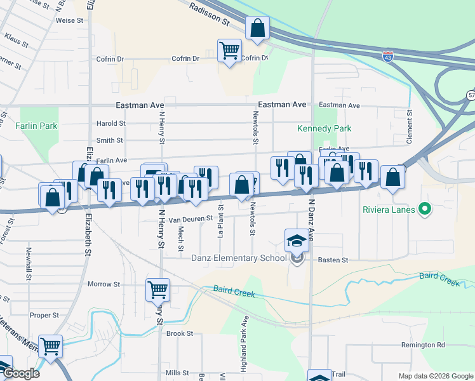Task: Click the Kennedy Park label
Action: pos(324,128)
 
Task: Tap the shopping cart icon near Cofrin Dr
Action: pos(229,51)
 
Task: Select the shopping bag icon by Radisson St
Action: pos(257,29)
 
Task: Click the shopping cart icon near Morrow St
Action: pos(157,290)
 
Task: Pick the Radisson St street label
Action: pos(210,12)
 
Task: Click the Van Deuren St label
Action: pos(190,218)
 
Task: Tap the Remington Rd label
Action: pos(422,345)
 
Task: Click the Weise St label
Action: pos(70,20)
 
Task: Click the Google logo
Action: pos(20,373)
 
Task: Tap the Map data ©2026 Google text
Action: pos(435,376)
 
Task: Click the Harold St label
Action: pos(111,123)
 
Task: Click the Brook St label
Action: pos(180,333)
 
